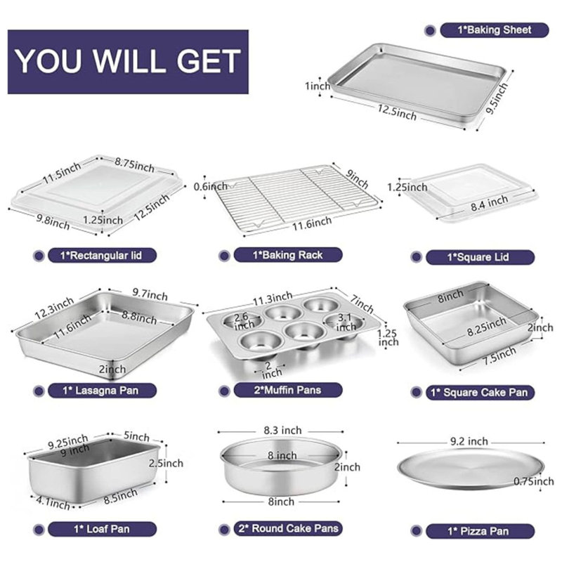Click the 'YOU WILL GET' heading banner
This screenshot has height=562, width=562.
tap(128, 61)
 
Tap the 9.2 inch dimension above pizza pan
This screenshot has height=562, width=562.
tap(469, 441)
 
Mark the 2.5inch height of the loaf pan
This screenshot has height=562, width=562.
tap(166, 463)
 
